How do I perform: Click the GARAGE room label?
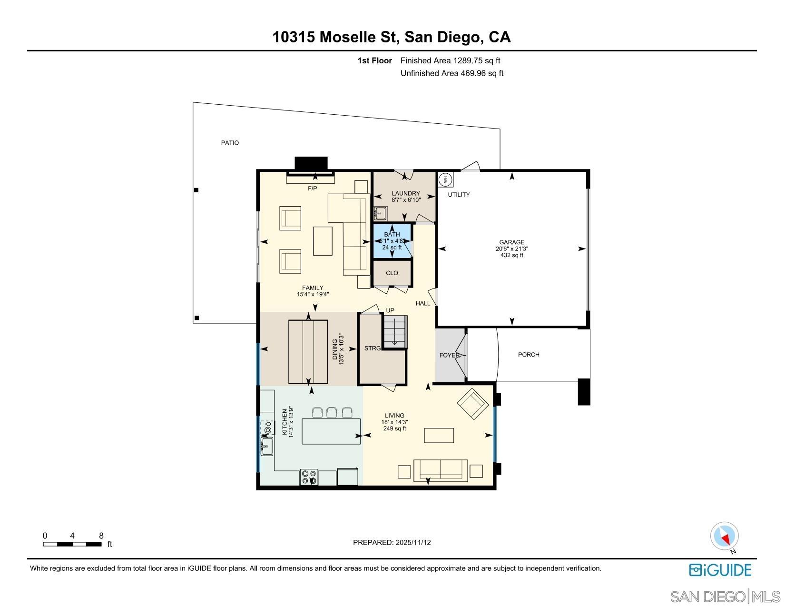(x=511, y=242)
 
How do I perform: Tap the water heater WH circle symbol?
(x=446, y=179)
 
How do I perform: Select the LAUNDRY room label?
(x=406, y=193)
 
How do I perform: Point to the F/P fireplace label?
(x=312, y=189)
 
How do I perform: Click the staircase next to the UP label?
(x=396, y=331)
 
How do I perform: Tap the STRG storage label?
(x=373, y=348)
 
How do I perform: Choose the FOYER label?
(x=449, y=355)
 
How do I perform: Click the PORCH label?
(x=529, y=355)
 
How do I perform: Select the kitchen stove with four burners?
(x=309, y=477)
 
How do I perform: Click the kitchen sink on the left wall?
(x=267, y=447)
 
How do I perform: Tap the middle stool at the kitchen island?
(x=332, y=412)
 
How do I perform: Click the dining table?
(x=308, y=352)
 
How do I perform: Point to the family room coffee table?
(x=323, y=241)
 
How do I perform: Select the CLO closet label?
(x=392, y=273)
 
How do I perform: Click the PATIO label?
(x=230, y=143)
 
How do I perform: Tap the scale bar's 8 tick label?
(x=101, y=536)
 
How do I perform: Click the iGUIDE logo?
(x=720, y=570)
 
